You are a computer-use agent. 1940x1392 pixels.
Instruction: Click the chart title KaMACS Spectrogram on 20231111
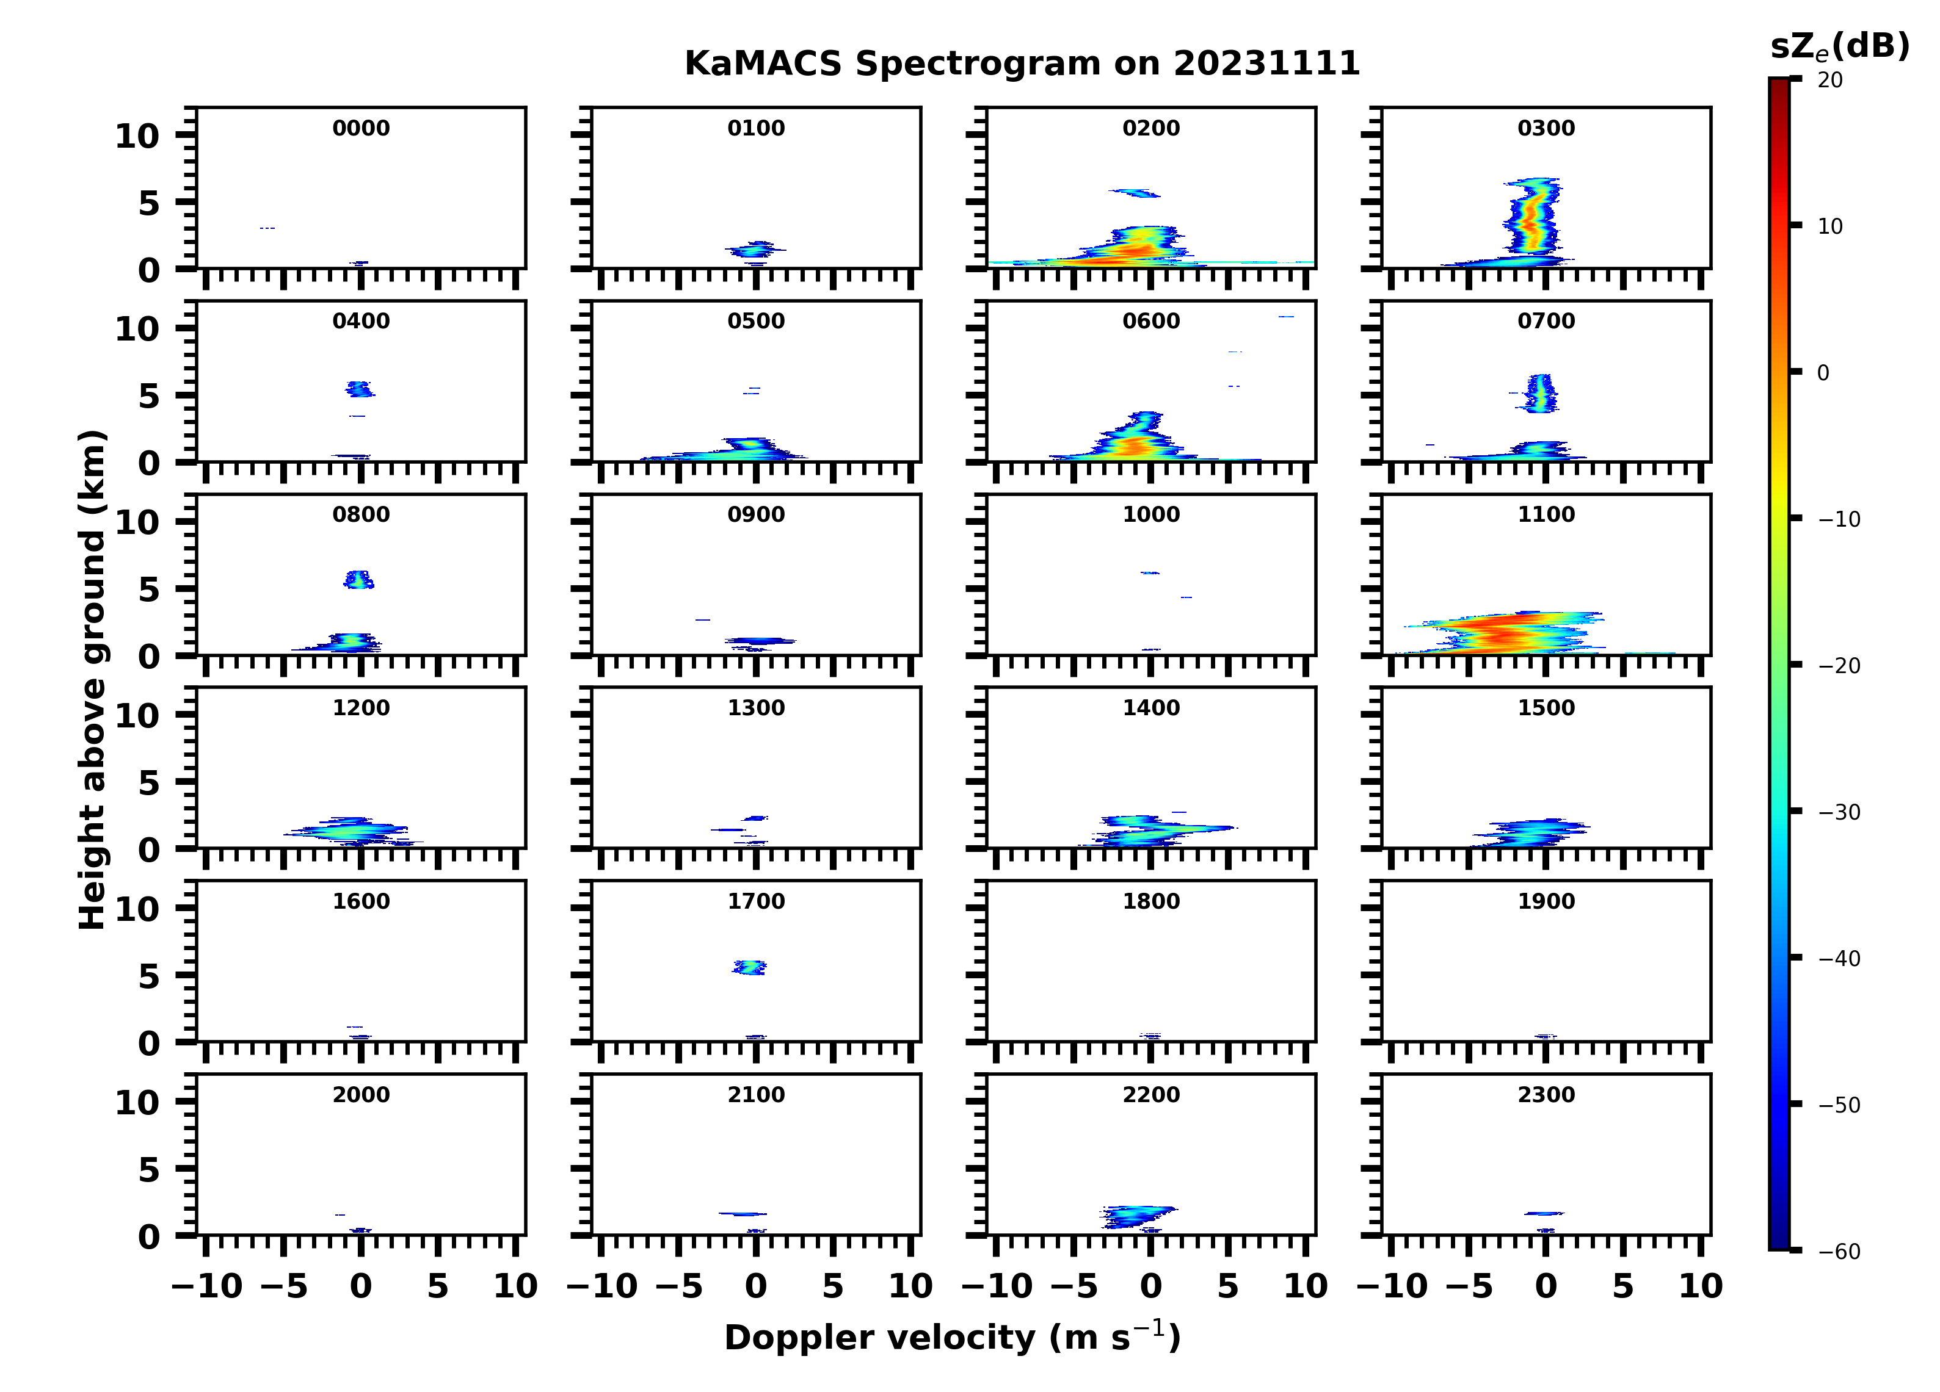point(1022,64)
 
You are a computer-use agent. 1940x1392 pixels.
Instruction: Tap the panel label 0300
point(1546,128)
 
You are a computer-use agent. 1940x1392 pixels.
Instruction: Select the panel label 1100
point(1546,514)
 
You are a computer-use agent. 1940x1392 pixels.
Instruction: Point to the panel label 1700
point(755,901)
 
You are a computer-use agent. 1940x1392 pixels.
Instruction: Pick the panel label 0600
point(1150,322)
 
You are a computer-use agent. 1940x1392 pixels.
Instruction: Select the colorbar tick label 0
point(1823,373)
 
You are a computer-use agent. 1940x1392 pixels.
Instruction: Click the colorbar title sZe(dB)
point(1839,47)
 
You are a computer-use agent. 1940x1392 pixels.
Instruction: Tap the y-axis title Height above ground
point(92,680)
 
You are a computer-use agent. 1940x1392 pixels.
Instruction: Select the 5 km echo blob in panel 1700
point(750,968)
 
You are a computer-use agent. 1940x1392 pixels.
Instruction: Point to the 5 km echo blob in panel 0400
point(359,389)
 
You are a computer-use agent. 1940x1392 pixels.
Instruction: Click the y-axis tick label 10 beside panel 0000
point(137,136)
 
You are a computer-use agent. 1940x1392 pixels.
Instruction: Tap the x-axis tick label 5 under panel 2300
point(1622,1286)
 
